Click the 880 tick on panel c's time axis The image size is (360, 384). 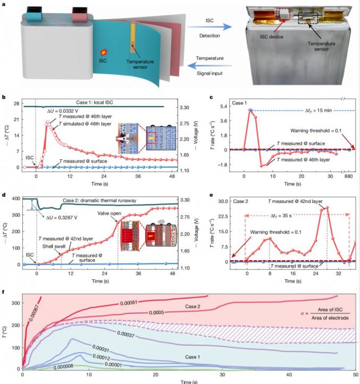coord(349,176)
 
